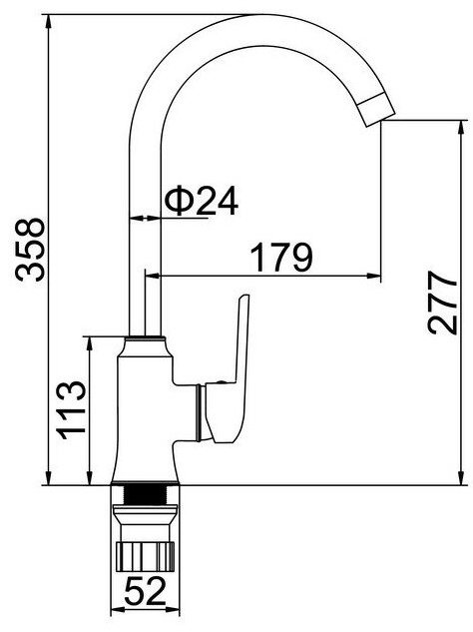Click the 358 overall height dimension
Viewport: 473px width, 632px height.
click(x=30, y=250)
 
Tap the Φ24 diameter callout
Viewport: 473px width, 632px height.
click(x=201, y=201)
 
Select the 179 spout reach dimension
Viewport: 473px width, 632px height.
click(x=281, y=258)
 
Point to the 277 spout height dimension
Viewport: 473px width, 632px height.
click(x=443, y=303)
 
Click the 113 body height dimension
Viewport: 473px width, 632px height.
click(x=72, y=409)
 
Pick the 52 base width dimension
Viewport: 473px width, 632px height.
click(x=145, y=590)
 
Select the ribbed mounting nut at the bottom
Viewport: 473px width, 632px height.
click(x=145, y=556)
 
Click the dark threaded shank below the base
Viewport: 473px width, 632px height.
click(x=145, y=494)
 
